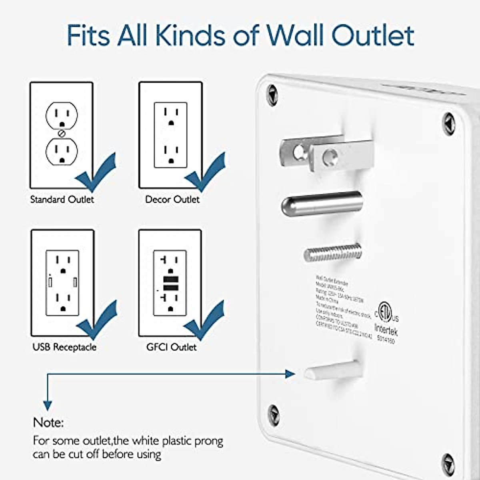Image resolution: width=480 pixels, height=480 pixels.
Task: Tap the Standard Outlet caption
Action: pos(62,199)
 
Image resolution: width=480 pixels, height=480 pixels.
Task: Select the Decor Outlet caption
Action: pos(172,199)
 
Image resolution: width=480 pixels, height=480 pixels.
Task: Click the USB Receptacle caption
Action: pos(64,347)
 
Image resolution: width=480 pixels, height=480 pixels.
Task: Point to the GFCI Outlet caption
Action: pos(171,347)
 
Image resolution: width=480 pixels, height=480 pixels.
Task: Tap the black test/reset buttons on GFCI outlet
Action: pos(171,283)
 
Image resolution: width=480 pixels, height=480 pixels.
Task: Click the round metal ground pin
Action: pos(322,204)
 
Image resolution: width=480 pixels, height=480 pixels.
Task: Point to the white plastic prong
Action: pos(332,370)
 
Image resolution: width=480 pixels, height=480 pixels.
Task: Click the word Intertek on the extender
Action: pos(386,330)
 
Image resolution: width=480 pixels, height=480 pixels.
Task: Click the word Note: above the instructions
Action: pos(48,422)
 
